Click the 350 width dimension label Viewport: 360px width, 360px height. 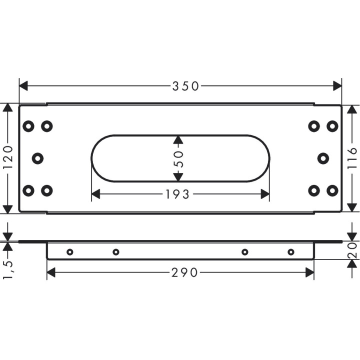coord(185,86)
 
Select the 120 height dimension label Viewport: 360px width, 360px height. coord(8,157)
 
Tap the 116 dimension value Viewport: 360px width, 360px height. coord(352,158)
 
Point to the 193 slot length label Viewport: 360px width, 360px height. coord(177,194)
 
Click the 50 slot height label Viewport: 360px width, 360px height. coord(178,159)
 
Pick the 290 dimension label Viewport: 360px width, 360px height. coord(184,272)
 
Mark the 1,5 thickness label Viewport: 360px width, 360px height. coord(8,266)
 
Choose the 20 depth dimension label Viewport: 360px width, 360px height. coord(352,250)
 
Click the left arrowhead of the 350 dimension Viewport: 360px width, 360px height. coord(23,86)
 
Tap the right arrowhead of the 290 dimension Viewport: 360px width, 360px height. coord(309,272)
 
